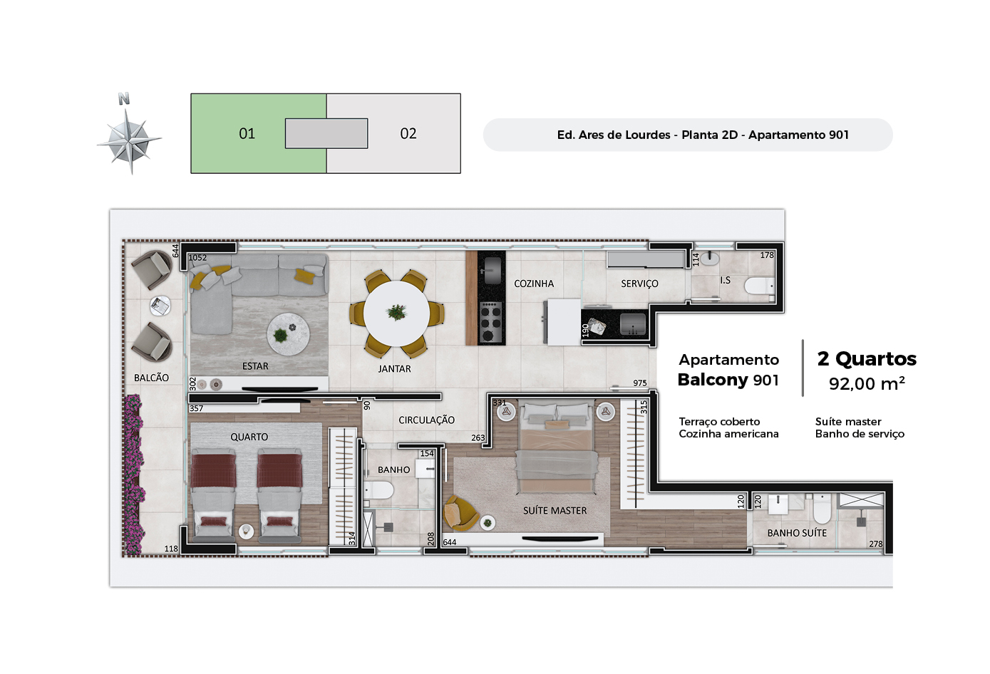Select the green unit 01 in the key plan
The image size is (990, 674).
point(239,133)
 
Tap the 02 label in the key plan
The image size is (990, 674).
point(408,133)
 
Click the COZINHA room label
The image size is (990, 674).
point(533,284)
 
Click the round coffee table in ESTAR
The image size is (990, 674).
point(288,334)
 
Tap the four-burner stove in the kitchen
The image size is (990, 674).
point(490,322)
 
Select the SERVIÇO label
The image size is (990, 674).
point(639,284)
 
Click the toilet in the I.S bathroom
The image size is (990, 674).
point(759,286)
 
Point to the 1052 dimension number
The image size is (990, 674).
point(197,258)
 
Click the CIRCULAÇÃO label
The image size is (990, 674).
point(426,420)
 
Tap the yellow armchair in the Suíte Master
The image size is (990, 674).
point(460,512)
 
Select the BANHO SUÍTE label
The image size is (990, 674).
point(797,533)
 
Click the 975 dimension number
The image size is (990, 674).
point(639,383)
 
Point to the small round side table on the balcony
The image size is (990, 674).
point(160,306)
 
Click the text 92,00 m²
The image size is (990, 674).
point(867,383)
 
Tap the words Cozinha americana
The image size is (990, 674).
point(728,434)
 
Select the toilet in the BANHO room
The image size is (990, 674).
point(378,490)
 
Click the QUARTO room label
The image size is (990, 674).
point(249,437)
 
